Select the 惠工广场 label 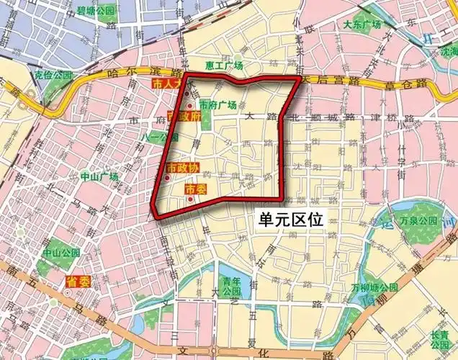point(224,66)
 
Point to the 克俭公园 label point(53,75)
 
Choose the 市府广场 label point(219,104)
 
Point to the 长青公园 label point(439,341)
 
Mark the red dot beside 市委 point(190,199)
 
